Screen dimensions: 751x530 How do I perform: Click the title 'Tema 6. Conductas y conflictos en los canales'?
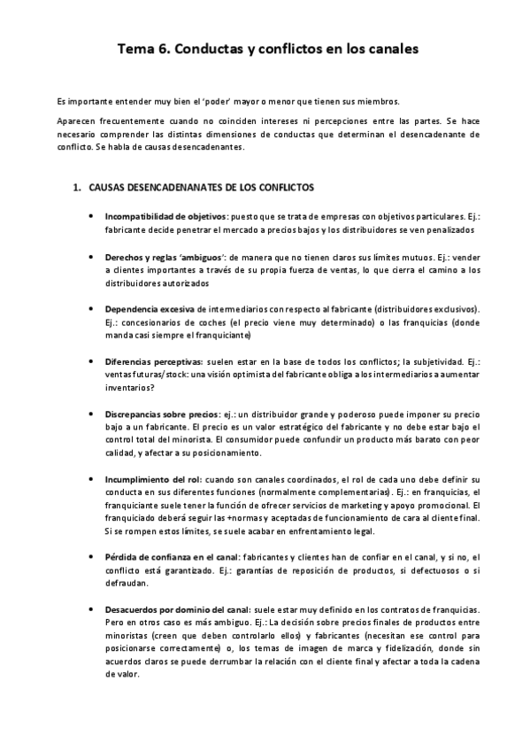point(265,50)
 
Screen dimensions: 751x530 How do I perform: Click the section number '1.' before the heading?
point(78,188)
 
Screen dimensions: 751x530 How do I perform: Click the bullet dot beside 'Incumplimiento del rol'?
point(92,478)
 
